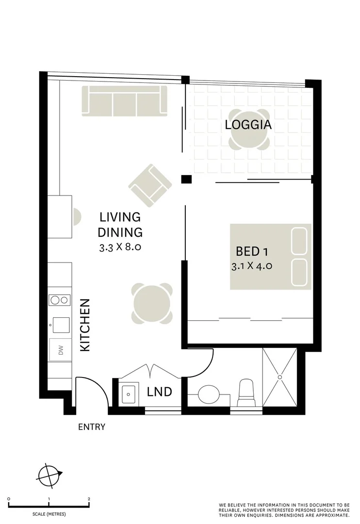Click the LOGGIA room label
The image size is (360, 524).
(248, 125)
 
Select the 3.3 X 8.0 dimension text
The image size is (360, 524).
(120, 247)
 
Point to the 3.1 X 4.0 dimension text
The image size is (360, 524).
(252, 266)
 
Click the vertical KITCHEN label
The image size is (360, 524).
(84, 325)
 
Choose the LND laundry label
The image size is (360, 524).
(159, 392)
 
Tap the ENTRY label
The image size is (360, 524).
(92, 427)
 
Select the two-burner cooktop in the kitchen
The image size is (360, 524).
(59, 300)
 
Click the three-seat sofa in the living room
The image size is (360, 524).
(124, 101)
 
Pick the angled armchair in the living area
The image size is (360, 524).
(150, 185)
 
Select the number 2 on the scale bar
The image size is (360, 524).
(89, 499)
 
